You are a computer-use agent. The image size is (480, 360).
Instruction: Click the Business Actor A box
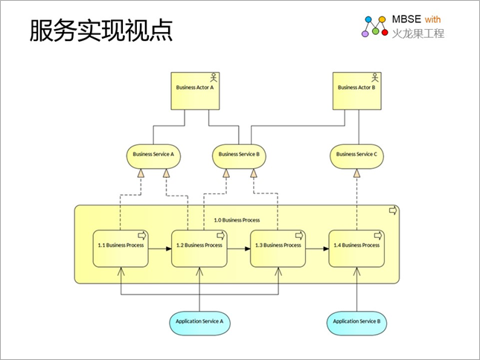[x=195, y=91]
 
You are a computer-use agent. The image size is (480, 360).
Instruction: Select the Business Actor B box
[x=357, y=91]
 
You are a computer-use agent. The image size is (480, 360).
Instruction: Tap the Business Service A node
[x=153, y=156]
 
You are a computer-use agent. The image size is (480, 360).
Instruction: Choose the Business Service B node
[x=239, y=156]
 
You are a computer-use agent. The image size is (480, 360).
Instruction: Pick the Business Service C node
[x=356, y=156]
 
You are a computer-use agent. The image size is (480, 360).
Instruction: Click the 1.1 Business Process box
[x=121, y=248]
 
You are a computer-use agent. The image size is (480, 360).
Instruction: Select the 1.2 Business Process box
[x=199, y=248]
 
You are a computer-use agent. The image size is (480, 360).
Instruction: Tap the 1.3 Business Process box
[x=278, y=248]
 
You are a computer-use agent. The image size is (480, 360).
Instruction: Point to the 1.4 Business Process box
[x=356, y=248]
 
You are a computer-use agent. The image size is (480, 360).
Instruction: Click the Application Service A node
[x=199, y=324]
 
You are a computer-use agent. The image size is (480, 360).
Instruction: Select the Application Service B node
[x=356, y=324]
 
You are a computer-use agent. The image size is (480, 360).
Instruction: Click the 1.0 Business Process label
[x=237, y=220]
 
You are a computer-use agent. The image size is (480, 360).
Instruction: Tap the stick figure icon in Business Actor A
[x=214, y=77]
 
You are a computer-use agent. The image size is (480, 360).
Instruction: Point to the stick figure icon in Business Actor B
[x=375, y=77]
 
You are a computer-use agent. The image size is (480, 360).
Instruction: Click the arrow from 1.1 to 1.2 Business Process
[x=160, y=248]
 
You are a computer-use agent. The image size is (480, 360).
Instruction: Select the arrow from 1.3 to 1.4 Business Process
[x=317, y=248]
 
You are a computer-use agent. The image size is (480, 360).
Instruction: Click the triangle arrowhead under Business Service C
[x=356, y=173]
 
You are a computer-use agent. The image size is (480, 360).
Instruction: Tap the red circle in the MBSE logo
[x=385, y=32]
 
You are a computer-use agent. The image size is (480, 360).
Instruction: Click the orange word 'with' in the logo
[x=433, y=19]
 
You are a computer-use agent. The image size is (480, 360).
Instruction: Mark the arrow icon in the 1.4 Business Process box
[x=378, y=236]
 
